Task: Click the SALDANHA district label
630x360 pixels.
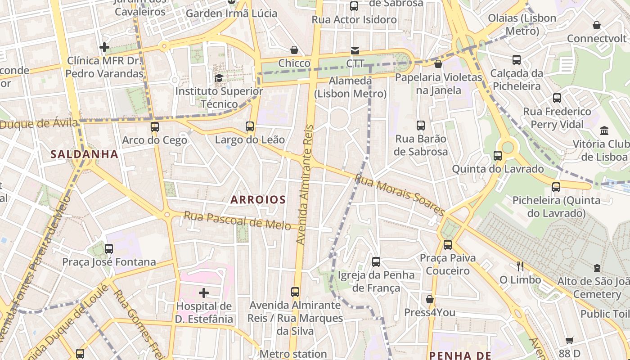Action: pyautogui.click(x=84, y=154)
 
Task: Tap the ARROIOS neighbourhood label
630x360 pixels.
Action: pyautogui.click(x=258, y=199)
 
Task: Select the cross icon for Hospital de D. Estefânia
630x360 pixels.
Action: pyautogui.click(x=204, y=293)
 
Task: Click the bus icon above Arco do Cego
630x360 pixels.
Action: pyautogui.click(x=155, y=127)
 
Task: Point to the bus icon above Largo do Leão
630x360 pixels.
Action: pyautogui.click(x=250, y=126)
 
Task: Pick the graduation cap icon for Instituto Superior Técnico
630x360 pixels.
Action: pyautogui.click(x=219, y=78)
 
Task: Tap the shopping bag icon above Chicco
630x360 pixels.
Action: pyautogui.click(x=294, y=49)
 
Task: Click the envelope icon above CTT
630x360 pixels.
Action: pyautogui.click(x=355, y=50)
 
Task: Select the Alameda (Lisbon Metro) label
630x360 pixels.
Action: pyautogui.click(x=351, y=87)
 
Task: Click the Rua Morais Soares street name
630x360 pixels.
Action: pyautogui.click(x=400, y=194)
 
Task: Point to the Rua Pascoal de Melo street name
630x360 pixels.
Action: pyautogui.click(x=237, y=220)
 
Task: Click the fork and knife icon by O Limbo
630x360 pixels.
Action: pyautogui.click(x=520, y=266)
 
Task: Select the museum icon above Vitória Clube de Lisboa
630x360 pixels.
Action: pyautogui.click(x=604, y=131)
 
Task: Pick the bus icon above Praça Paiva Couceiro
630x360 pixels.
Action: pyautogui.click(x=447, y=245)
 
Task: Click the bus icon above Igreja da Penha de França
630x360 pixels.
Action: pyautogui.click(x=376, y=261)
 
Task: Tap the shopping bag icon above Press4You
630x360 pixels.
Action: pyautogui.click(x=430, y=299)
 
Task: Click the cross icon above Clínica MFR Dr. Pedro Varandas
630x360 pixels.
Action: pyautogui.click(x=104, y=47)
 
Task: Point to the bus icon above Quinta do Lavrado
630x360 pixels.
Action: pyautogui.click(x=498, y=156)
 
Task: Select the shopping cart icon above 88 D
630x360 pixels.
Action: pyautogui.click(x=570, y=341)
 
